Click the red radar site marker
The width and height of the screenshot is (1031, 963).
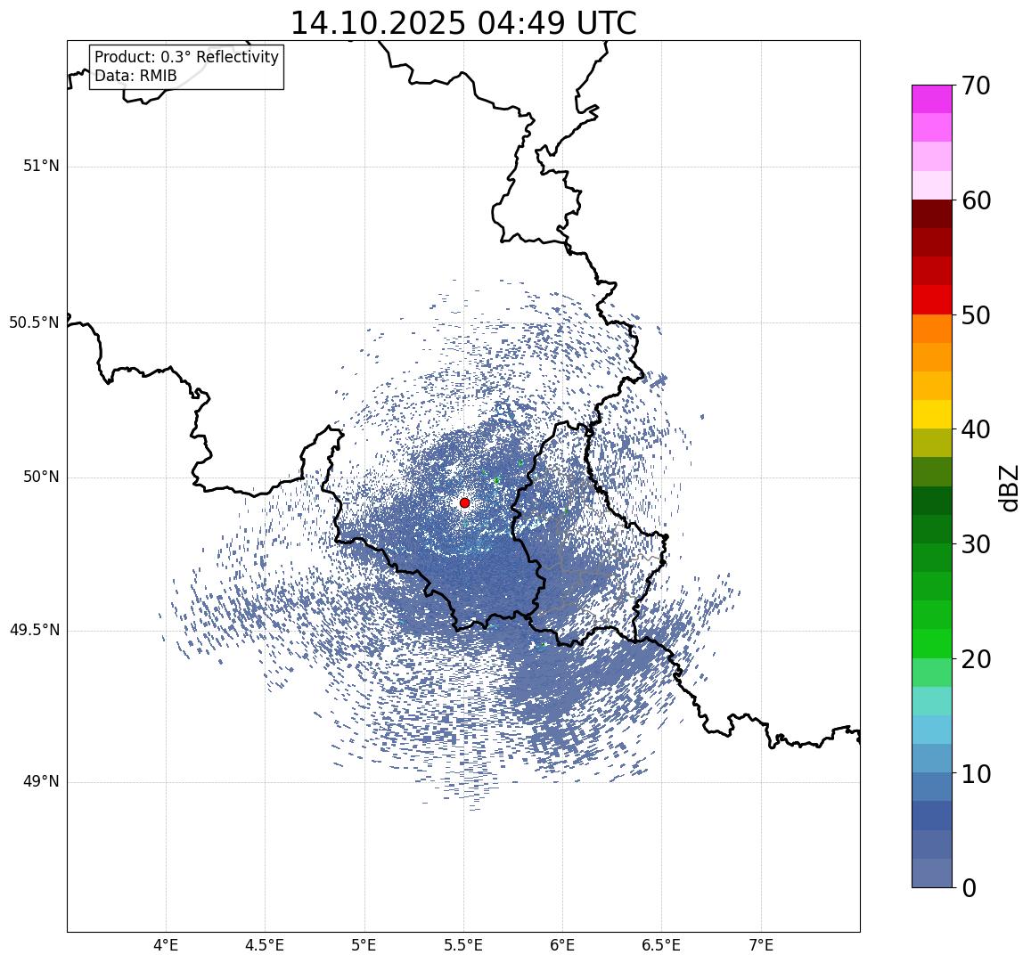pyautogui.click(x=464, y=502)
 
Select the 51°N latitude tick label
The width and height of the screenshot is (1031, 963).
pyautogui.click(x=41, y=166)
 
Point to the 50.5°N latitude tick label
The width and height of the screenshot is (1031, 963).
pyautogui.click(x=34, y=322)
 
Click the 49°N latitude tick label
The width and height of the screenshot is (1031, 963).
pyautogui.click(x=41, y=782)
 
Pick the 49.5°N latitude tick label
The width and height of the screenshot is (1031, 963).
pyautogui.click(x=34, y=631)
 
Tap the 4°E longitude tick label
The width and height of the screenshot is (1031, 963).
pyautogui.click(x=166, y=944)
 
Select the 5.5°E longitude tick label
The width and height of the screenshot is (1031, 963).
pyautogui.click(x=463, y=944)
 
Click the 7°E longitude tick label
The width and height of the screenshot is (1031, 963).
pyautogui.click(x=761, y=944)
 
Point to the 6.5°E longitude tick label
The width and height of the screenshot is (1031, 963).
pyautogui.click(x=661, y=944)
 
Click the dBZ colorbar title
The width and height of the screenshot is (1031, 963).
pyautogui.click(x=1009, y=486)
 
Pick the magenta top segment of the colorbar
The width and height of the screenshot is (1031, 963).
pyautogui.click(x=931, y=99)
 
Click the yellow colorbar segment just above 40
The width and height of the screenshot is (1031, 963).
pyautogui.click(x=931, y=414)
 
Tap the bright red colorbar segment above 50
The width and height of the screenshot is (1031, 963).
pyautogui.click(x=931, y=299)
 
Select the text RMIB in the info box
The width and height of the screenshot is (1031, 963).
pyautogui.click(x=158, y=77)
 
